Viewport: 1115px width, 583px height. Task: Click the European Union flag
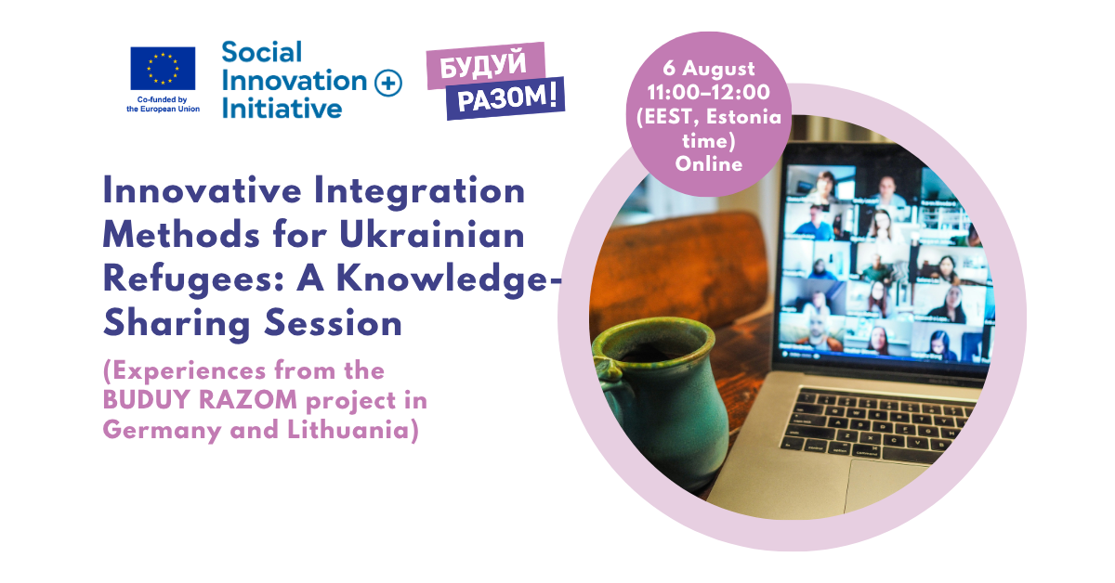[x=163, y=69]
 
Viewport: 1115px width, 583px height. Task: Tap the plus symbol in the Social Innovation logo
[x=388, y=83]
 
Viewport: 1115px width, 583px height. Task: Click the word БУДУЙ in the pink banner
[x=483, y=65]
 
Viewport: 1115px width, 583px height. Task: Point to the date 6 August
[x=709, y=69]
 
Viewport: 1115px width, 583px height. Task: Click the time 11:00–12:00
[x=709, y=92]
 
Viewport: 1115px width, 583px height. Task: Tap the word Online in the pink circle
[x=709, y=164]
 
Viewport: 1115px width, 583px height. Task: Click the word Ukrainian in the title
[x=432, y=234]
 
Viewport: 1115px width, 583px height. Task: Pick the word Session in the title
[x=333, y=323]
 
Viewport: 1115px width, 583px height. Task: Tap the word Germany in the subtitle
[x=163, y=431]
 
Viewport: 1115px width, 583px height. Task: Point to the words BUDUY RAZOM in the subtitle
[x=200, y=400]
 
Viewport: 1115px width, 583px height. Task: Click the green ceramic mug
[x=661, y=398]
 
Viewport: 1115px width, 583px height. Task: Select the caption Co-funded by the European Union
[x=163, y=105]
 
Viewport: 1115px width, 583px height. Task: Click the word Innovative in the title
[x=203, y=190]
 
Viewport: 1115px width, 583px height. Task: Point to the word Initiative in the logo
[x=282, y=109]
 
